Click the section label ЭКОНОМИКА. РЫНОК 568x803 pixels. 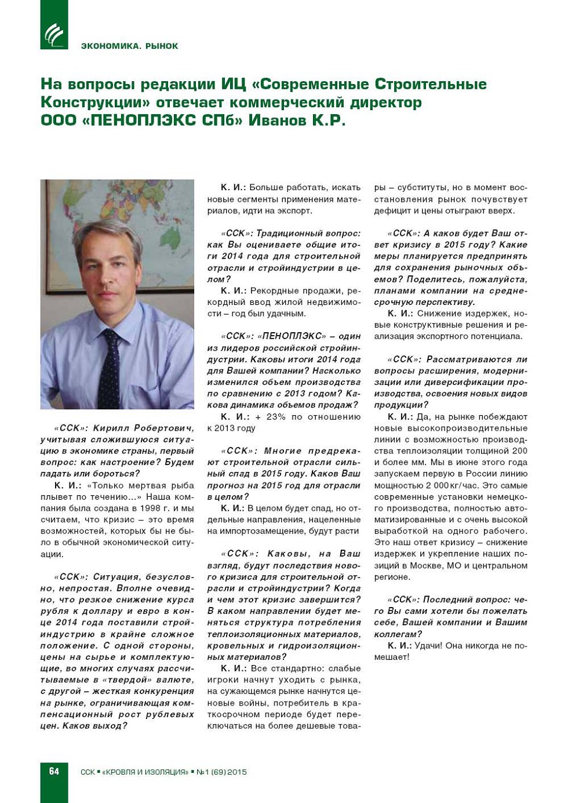click(x=129, y=46)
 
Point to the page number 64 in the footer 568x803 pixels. click(x=54, y=771)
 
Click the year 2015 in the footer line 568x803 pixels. click(x=237, y=772)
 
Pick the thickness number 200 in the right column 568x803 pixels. click(x=519, y=450)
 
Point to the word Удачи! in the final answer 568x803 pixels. click(x=430, y=645)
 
